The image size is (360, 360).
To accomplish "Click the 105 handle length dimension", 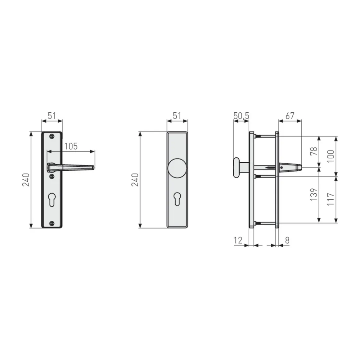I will [71, 146].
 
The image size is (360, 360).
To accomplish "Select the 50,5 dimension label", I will [241, 116].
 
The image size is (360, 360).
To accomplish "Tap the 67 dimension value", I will [290, 116].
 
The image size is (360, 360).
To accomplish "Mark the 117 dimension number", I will [331, 199].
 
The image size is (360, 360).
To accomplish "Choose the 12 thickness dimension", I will [238, 240].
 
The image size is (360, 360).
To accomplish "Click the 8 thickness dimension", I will [287, 240].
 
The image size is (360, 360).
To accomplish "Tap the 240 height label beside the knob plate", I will [135, 180].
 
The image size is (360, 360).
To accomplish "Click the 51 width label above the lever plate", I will [52, 116].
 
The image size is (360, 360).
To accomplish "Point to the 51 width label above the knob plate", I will [177, 116].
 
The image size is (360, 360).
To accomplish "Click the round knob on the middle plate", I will [177, 169].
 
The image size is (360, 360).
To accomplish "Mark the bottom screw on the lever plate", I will [52, 223].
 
